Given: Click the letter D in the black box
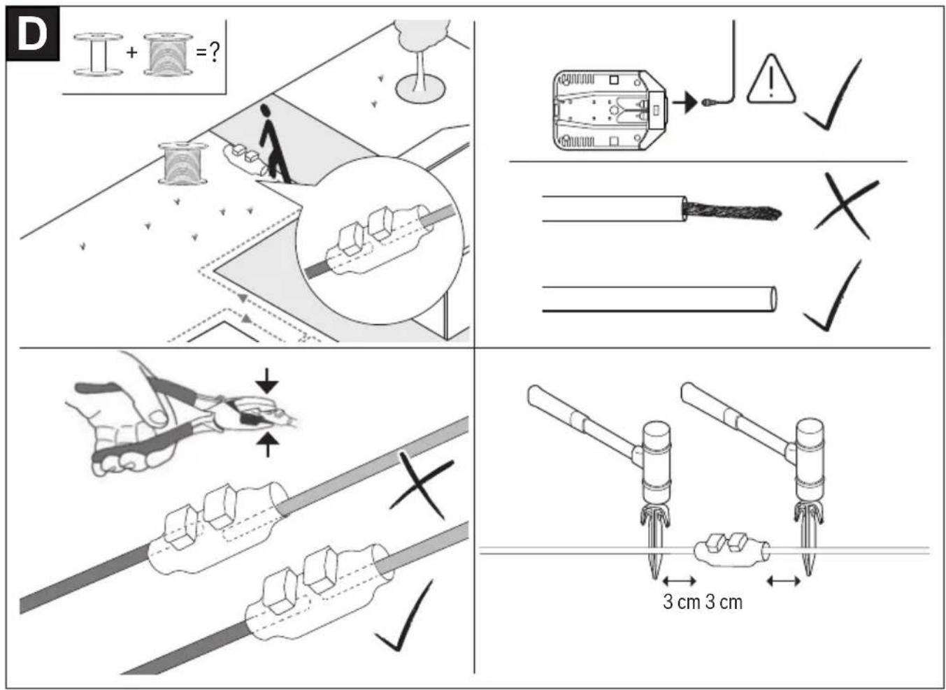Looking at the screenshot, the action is click(x=32, y=35).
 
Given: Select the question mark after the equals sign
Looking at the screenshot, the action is click(x=215, y=53).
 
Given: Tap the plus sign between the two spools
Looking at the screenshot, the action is click(x=132, y=53).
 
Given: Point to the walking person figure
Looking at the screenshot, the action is click(x=273, y=143).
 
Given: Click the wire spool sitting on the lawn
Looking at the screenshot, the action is click(x=183, y=164).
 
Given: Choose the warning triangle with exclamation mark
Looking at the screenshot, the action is click(x=771, y=80).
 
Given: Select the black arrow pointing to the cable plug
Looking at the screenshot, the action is click(x=685, y=103).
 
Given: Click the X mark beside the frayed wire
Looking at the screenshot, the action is click(x=846, y=206).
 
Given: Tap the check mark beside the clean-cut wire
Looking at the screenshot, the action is click(x=833, y=296).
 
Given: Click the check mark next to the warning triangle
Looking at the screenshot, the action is click(x=833, y=94).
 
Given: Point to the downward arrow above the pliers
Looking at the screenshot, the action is click(x=266, y=381).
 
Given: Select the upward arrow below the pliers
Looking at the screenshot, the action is click(x=267, y=444).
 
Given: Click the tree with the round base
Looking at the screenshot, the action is click(x=421, y=59).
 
